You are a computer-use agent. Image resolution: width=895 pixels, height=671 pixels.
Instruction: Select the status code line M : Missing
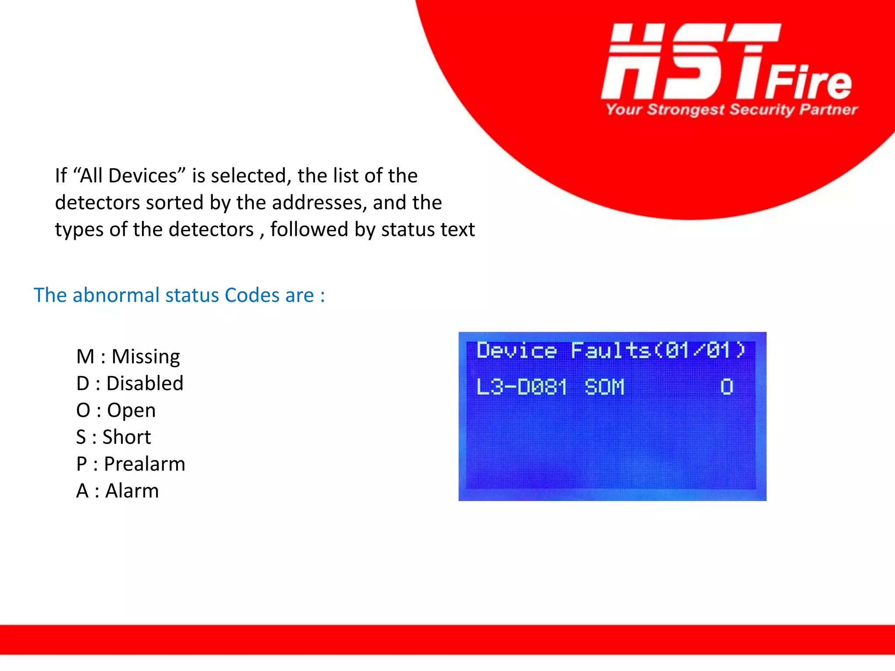point(128,356)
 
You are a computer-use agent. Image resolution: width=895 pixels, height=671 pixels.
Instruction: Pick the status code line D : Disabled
point(129,384)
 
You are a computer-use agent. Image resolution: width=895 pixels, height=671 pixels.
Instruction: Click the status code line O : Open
point(116,410)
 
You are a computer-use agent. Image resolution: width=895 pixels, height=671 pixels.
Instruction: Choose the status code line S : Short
point(113,437)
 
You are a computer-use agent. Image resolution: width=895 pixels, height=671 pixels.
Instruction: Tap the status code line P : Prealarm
point(130,464)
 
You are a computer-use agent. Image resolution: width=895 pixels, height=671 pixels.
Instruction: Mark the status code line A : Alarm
point(117,491)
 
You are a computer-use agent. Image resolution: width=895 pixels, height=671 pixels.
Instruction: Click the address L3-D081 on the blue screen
point(521,387)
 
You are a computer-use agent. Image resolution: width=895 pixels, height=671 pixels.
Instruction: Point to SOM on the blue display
point(604,387)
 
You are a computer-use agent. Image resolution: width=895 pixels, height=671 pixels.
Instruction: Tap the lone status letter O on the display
point(726,387)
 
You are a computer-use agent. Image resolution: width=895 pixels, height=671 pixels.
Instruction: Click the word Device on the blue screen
point(517,351)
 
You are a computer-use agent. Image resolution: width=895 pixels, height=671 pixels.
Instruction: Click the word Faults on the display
point(611,351)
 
